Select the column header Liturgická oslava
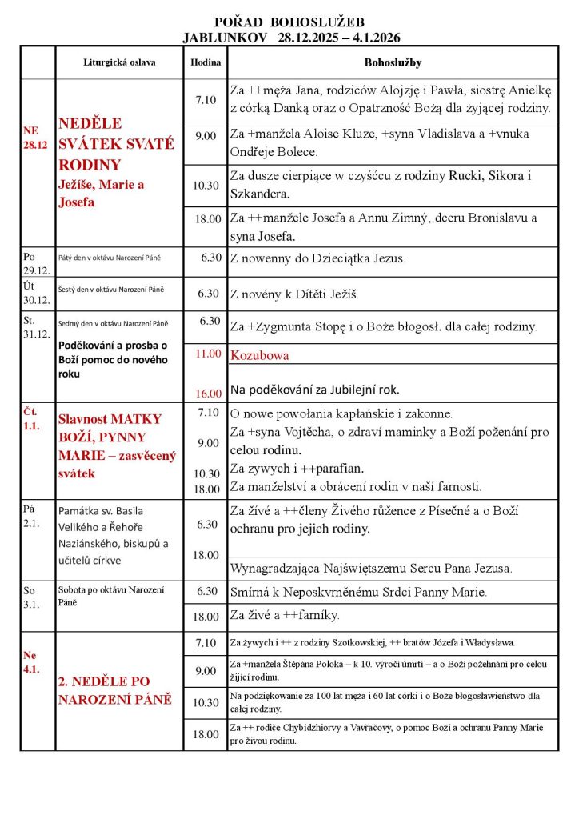pos(119,62)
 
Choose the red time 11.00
pos(206,354)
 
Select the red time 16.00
pos(206,393)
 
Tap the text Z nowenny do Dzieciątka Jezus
pos(317,258)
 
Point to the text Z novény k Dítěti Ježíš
pos(294,294)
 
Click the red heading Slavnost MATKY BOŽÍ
pos(110,418)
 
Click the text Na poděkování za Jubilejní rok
pos(314,390)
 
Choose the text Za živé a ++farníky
pos(284,615)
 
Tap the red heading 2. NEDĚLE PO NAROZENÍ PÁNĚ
pos(114,691)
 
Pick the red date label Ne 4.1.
pos(31,661)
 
